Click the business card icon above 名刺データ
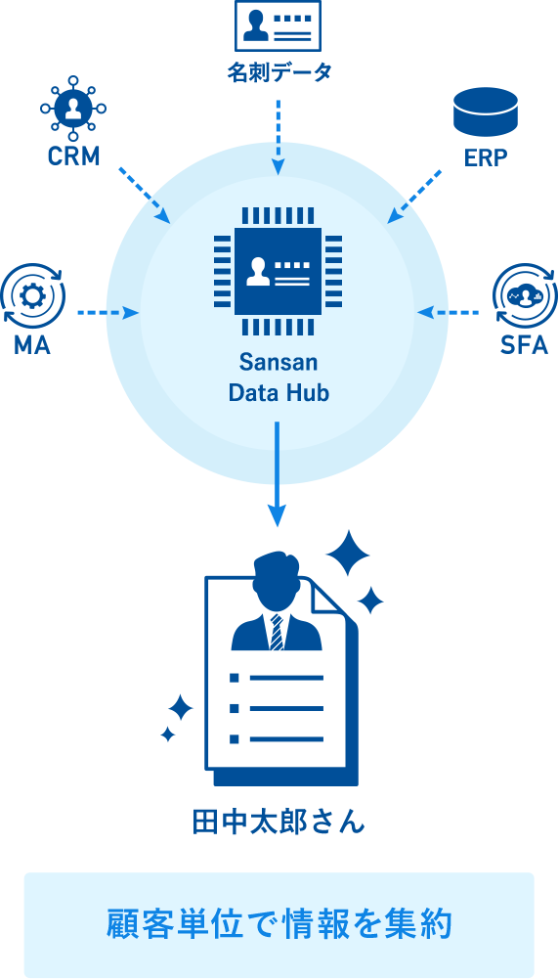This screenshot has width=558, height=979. (x=278, y=25)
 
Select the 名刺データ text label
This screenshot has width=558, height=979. (x=279, y=72)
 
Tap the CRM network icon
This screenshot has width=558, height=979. (x=73, y=108)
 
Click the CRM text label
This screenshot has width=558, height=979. (x=73, y=156)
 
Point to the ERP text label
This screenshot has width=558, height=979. (x=486, y=158)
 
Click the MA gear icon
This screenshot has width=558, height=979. (x=32, y=296)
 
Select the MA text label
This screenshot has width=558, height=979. (x=32, y=345)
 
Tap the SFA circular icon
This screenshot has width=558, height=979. (x=525, y=296)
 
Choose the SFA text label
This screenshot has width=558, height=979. (x=525, y=345)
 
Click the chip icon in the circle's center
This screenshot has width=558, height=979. (x=278, y=271)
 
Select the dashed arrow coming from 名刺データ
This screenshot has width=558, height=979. (x=279, y=136)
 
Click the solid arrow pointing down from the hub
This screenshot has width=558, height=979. (x=278, y=474)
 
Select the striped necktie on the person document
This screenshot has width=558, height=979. (x=277, y=631)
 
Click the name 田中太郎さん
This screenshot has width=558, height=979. (x=279, y=822)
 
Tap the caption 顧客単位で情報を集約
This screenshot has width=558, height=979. (x=279, y=924)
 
